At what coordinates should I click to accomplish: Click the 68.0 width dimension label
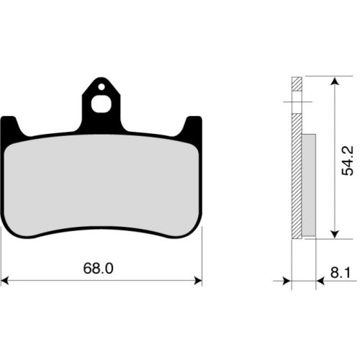click(98, 269)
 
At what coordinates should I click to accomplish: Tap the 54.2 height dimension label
click(348, 161)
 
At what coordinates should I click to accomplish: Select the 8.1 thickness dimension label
click(341, 273)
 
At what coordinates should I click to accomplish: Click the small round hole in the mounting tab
click(102, 87)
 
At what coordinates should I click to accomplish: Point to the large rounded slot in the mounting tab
click(102, 104)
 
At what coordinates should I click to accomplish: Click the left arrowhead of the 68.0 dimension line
click(5, 280)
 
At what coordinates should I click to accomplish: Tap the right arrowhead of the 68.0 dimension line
click(198, 280)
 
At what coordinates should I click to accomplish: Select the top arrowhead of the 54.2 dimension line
click(335, 81)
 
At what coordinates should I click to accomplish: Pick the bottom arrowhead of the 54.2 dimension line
click(335, 234)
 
